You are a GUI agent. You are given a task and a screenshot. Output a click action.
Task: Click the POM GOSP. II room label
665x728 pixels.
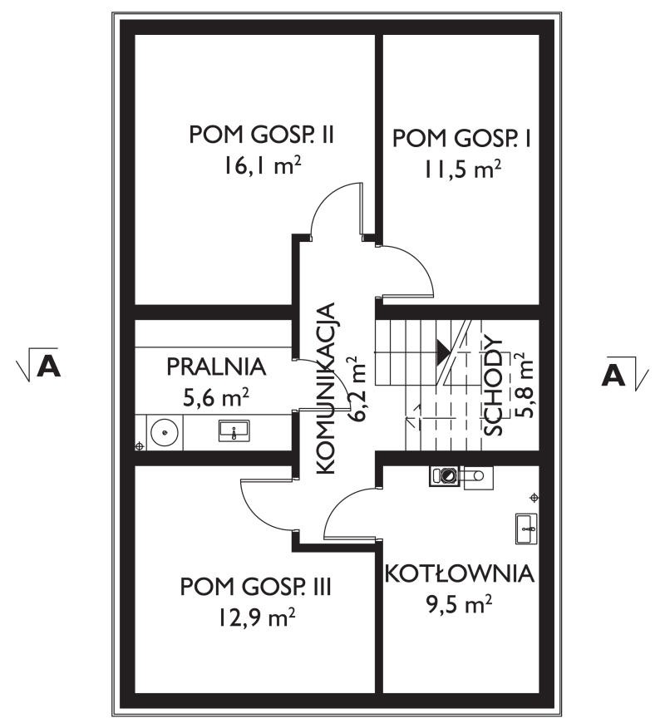pos(262,135)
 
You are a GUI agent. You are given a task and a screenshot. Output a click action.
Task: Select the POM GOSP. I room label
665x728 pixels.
pos(461,138)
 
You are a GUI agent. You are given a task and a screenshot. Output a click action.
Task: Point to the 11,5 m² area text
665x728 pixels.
pos(461,170)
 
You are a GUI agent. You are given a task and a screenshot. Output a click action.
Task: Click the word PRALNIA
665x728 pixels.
pos(216,366)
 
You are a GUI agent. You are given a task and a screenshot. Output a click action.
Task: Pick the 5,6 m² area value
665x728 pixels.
pos(216,398)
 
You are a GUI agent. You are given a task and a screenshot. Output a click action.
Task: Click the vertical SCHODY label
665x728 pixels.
pos(493,386)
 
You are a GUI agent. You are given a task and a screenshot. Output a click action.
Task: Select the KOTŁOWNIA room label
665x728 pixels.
pos(460,574)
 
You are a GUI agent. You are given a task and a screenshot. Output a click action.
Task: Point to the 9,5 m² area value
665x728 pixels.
pos(460,604)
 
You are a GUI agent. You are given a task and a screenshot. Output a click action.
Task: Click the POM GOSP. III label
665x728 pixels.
pos(256,587)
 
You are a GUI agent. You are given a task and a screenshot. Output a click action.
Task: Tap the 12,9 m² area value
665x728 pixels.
pos(257,618)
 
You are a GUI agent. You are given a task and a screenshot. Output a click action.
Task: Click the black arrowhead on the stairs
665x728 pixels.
pos(442,351)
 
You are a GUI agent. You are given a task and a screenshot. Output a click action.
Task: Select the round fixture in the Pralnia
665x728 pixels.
pos(165,432)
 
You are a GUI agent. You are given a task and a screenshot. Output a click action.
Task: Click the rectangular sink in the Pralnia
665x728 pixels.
pos(234,430)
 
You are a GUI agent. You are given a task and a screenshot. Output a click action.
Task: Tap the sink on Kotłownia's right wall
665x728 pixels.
pos(527,529)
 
